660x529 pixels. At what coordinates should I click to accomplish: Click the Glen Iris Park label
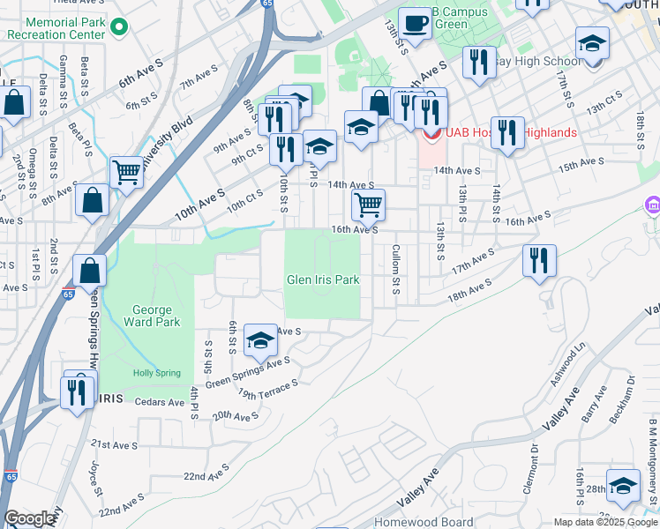point(323,279)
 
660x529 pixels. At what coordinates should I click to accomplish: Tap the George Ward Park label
point(156,316)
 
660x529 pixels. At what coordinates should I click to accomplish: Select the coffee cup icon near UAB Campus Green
point(415,23)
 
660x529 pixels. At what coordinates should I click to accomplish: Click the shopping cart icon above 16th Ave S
point(368,205)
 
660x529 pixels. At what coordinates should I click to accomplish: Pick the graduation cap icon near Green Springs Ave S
point(260,340)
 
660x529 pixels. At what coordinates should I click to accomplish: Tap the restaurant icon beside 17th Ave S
point(539,260)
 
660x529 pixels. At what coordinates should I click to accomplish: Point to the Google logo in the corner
point(29,518)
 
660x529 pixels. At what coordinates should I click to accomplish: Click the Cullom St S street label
point(396,270)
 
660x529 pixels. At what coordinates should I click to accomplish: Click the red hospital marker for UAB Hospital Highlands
point(431,134)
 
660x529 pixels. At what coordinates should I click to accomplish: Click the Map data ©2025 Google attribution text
point(604,522)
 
